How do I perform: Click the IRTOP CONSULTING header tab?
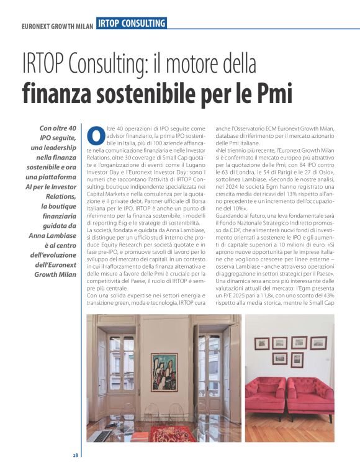pos(132,24)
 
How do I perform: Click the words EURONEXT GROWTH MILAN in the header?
pos(56,26)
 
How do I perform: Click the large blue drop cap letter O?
pos(95,135)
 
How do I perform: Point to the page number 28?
pos(75,456)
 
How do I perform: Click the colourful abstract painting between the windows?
pos(163,371)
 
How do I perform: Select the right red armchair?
pos(310,396)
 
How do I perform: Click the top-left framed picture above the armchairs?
pos(263,344)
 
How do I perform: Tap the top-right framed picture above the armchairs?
pos(318,342)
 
